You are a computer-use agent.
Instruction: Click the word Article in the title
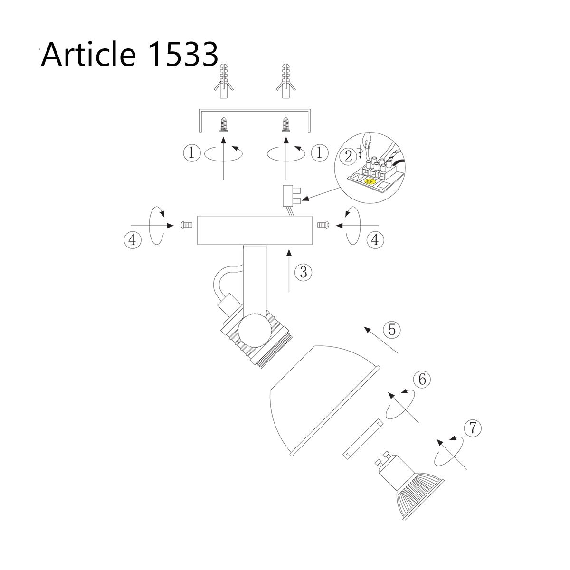(x=88, y=55)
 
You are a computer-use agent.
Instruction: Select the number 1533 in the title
(x=182, y=55)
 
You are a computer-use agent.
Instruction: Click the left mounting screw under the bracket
(x=224, y=124)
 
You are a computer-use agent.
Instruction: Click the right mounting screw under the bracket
(x=286, y=124)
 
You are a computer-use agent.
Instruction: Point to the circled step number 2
(x=349, y=156)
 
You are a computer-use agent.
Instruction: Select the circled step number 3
(x=304, y=272)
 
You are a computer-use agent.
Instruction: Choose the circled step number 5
(x=392, y=329)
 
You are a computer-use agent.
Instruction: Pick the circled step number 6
(x=422, y=379)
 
